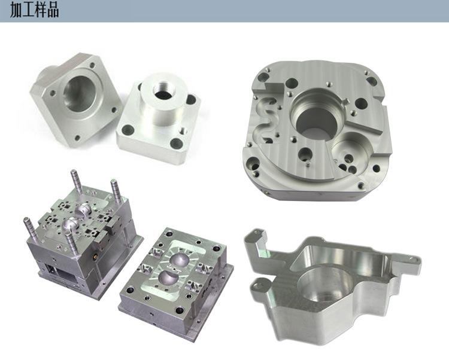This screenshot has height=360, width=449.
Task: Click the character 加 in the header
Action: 16,10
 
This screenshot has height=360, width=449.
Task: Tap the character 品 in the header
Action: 53,10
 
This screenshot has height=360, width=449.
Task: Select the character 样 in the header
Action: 41,10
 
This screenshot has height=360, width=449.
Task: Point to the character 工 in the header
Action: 29,10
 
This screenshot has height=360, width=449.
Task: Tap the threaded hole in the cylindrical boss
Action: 162,90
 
